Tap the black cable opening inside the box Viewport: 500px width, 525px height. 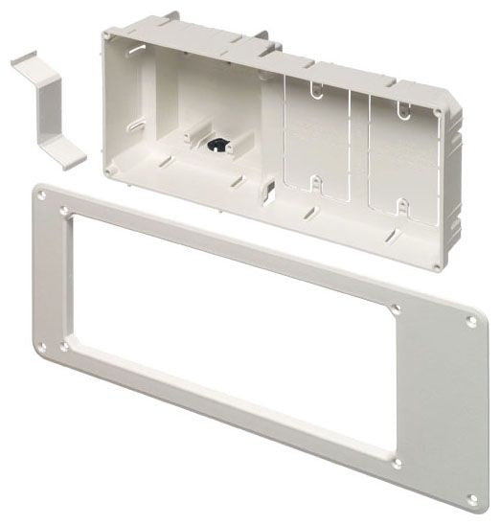click(219, 145)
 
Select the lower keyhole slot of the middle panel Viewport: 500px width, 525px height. click(313, 179)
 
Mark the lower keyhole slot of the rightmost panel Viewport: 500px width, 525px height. click(402, 204)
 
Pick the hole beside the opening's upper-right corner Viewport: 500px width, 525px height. click(396, 308)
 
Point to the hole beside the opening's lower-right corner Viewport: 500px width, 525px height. click(397, 463)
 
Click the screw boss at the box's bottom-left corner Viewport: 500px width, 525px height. click(112, 171)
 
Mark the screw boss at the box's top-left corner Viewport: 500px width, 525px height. click(108, 34)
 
